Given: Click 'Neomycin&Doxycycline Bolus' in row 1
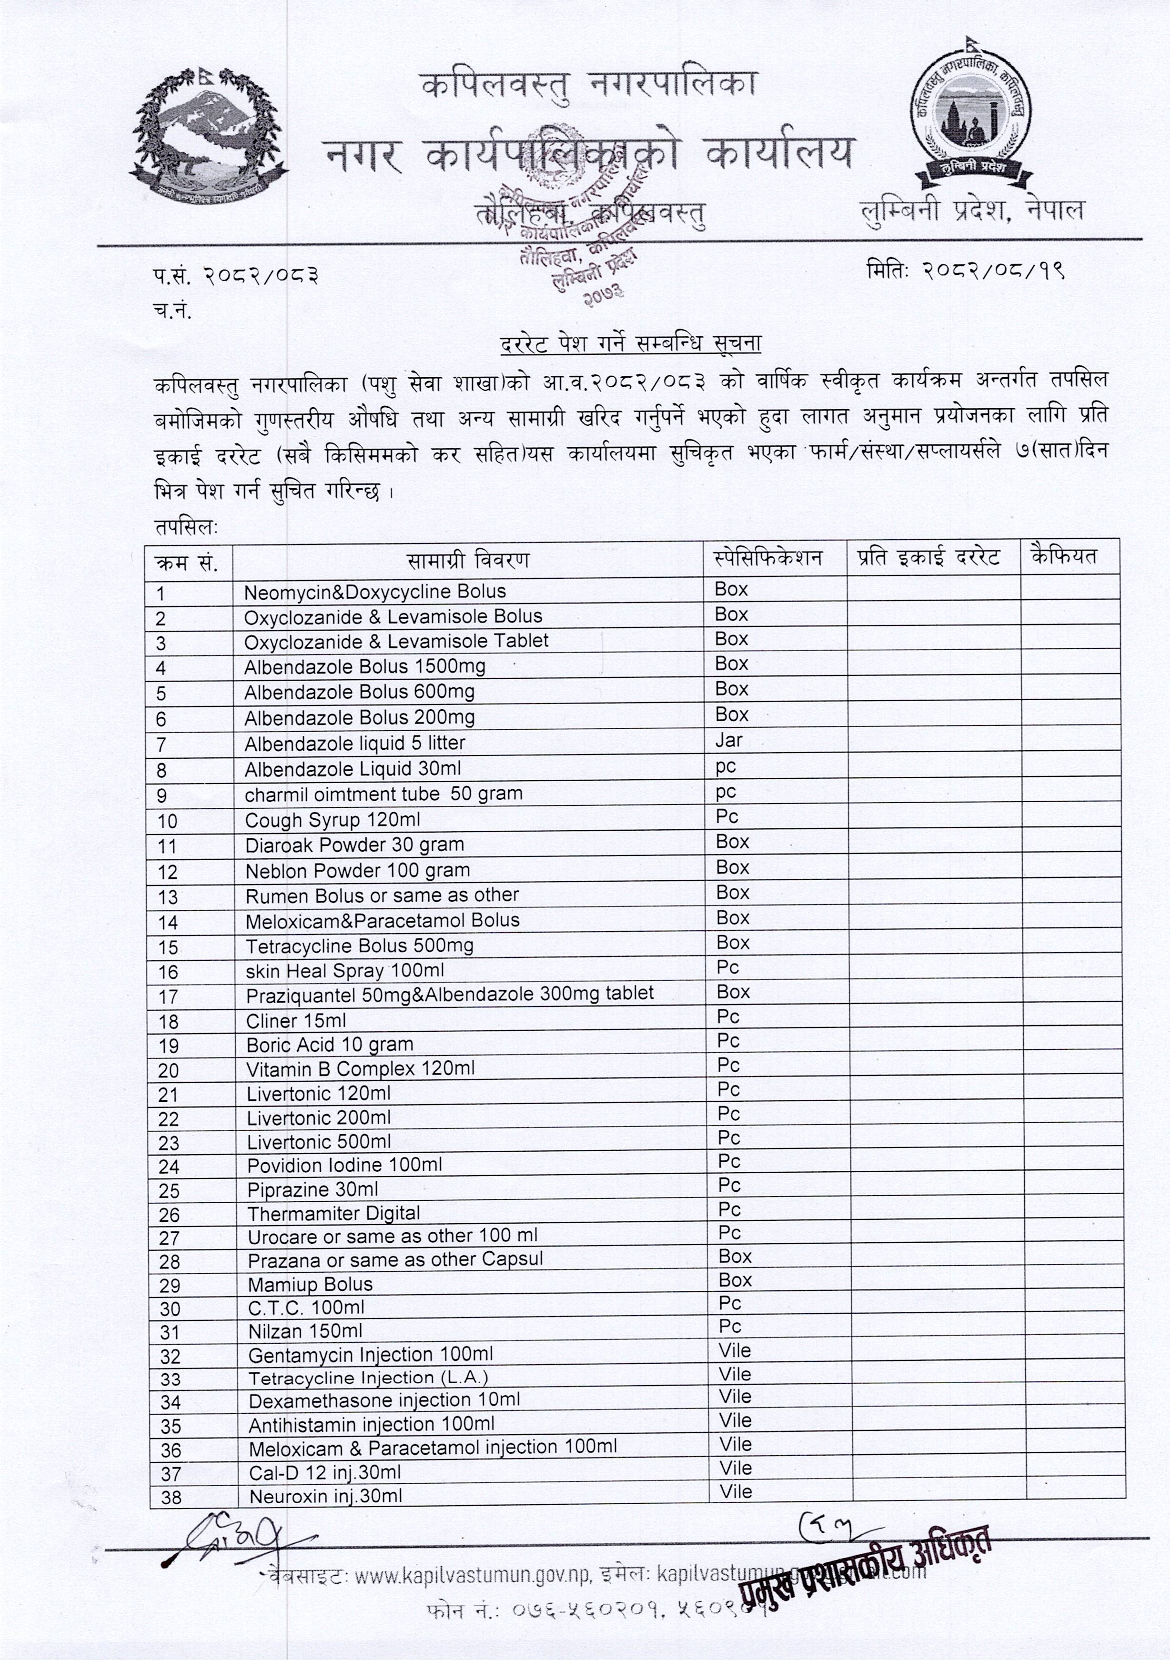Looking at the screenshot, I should (x=374, y=592).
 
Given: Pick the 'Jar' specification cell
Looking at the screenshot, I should (x=728, y=740).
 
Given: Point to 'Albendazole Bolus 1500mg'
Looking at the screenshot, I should (x=364, y=666).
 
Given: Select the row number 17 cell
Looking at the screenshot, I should (x=169, y=997).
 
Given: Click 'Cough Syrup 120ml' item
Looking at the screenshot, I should (x=332, y=820).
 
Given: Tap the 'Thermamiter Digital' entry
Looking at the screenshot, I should (x=333, y=1213).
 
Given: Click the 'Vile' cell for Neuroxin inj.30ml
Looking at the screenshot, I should (x=736, y=1491).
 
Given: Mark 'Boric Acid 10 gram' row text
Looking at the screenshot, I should (x=330, y=1045).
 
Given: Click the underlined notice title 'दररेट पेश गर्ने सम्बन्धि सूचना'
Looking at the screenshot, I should (x=631, y=342).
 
